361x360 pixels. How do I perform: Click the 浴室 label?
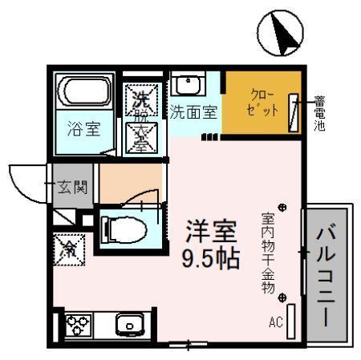point(83,128)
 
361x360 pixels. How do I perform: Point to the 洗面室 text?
point(193,112)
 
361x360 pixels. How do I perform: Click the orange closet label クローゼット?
point(262,102)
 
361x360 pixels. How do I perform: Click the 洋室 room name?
point(212,233)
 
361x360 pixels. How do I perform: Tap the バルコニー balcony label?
point(327,274)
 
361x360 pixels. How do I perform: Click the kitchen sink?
point(128,325)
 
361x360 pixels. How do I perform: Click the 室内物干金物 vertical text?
point(267,253)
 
